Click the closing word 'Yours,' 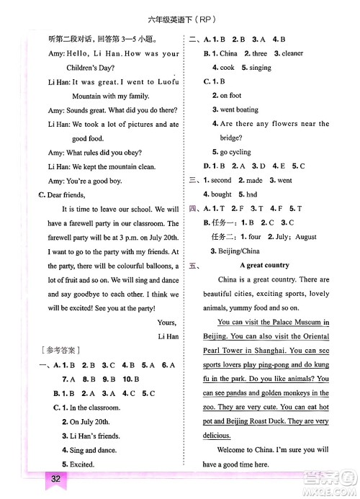[166, 322]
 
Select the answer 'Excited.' [79, 464]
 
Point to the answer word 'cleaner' [292, 53]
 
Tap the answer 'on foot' [230, 95]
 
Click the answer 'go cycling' [235, 152]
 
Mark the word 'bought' [221, 194]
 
